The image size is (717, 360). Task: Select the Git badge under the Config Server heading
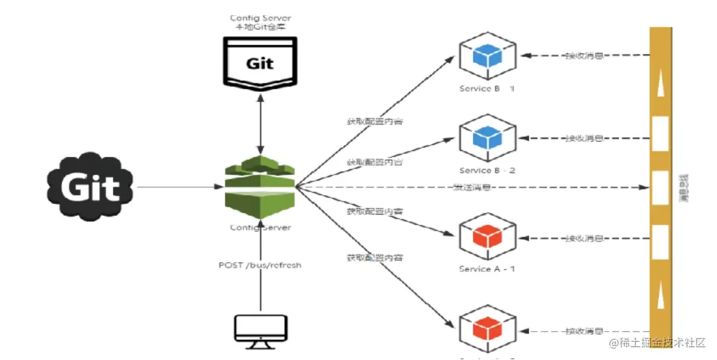click(x=260, y=62)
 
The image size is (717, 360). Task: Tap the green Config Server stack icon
click(x=260, y=187)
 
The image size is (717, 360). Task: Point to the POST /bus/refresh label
click(x=260, y=265)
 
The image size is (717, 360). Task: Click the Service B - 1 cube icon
click(x=487, y=56)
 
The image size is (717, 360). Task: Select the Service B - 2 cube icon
click(x=487, y=138)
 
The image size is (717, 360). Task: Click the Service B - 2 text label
click(x=487, y=170)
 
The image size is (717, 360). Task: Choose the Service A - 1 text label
click(x=487, y=269)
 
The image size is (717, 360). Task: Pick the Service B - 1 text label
click(x=487, y=89)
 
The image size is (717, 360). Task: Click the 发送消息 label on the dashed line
click(x=471, y=188)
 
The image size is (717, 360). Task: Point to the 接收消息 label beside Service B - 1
click(x=584, y=56)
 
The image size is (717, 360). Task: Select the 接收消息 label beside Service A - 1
click(x=584, y=237)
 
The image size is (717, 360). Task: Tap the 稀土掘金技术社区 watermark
click(x=657, y=342)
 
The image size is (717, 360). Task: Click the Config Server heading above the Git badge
click(x=260, y=24)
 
